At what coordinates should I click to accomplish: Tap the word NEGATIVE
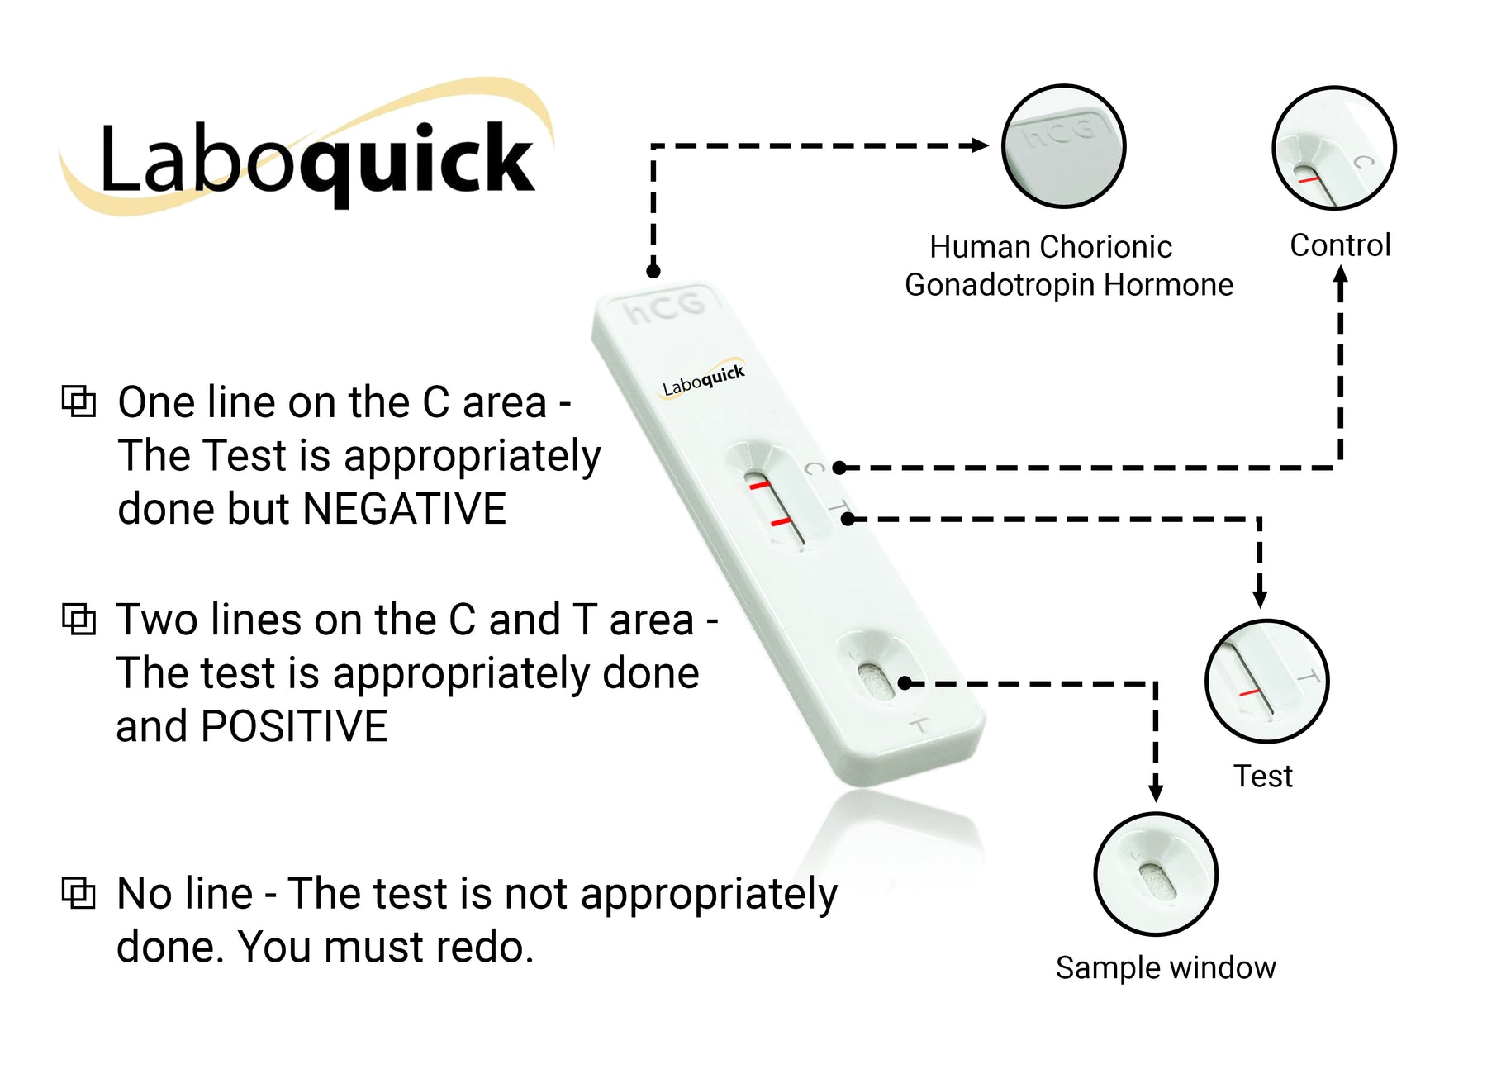[404, 509]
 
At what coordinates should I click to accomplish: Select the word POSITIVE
[294, 727]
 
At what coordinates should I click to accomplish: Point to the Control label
[1340, 245]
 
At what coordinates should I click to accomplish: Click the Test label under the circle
[1262, 777]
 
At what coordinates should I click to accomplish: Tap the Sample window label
[1166, 967]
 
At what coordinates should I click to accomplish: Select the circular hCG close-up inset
[1063, 146]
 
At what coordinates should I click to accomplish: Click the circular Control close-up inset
[1333, 148]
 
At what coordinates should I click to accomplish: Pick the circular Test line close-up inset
[1266, 681]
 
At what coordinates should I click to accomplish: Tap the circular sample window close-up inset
[1156, 874]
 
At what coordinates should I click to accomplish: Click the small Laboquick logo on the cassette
[703, 380]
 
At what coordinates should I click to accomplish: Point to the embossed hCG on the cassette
[665, 308]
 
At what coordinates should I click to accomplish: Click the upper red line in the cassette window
[759, 485]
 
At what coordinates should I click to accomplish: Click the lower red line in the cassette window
[781, 522]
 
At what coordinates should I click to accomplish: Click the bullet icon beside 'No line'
[79, 893]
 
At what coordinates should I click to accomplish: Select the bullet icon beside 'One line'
[79, 401]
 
